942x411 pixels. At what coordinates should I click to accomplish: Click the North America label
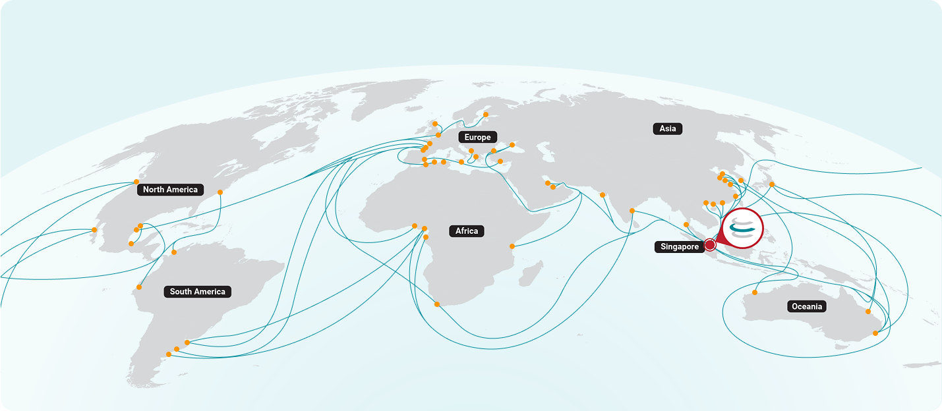point(170,190)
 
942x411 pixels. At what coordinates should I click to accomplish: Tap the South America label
point(197,292)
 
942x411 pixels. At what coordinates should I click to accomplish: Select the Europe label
point(477,138)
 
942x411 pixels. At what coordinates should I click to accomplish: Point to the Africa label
point(467,231)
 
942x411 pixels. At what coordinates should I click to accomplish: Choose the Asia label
point(668,129)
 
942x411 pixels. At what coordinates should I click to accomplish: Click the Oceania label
point(806,307)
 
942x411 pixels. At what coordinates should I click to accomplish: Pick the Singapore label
point(678,247)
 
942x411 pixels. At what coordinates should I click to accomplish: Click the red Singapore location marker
point(710,245)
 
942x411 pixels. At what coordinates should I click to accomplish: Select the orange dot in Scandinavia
point(486,115)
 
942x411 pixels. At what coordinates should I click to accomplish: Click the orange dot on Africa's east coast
point(512,246)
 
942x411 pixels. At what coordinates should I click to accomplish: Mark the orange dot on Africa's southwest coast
point(436,304)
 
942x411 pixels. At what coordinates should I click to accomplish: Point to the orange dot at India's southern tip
point(632,211)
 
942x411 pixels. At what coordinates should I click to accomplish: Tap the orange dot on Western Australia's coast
point(755,292)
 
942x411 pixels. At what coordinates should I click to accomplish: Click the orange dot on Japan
point(772,184)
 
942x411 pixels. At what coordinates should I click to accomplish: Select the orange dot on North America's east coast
point(220,192)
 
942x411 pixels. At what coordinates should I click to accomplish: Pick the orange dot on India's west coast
point(603,195)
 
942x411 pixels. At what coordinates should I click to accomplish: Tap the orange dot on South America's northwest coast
point(140,287)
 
